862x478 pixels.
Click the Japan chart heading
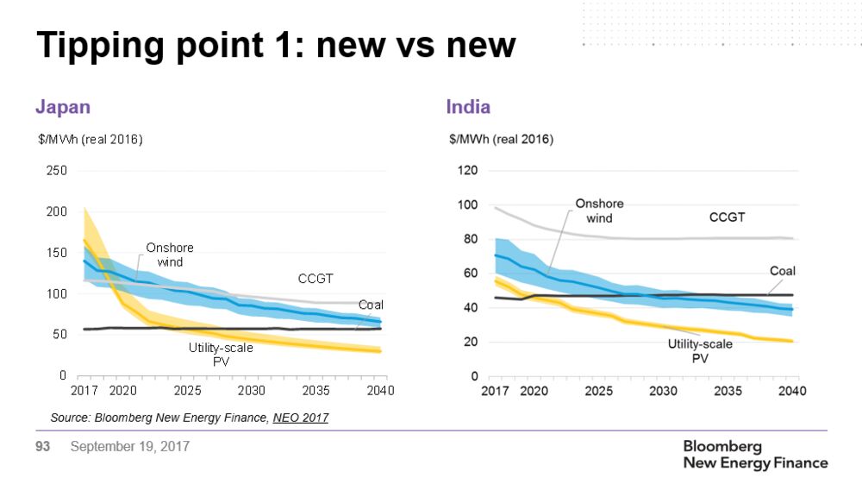coord(62,107)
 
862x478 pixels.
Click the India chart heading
coord(468,107)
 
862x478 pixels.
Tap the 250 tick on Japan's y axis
coord(56,171)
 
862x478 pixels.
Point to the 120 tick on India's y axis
coord(466,171)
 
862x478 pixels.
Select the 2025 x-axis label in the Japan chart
coord(187,391)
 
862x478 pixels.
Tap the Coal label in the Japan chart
coord(371,305)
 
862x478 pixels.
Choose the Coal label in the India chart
coord(782,271)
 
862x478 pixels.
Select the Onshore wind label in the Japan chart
coord(170,255)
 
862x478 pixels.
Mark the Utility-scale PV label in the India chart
coord(700,350)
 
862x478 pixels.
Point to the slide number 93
coord(43,447)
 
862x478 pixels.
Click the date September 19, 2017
coord(129,447)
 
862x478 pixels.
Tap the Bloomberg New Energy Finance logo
coord(754,455)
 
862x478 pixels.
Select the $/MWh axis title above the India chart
coord(501,139)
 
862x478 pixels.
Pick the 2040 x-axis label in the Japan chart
coord(379,391)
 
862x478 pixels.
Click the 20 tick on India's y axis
coord(470,343)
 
